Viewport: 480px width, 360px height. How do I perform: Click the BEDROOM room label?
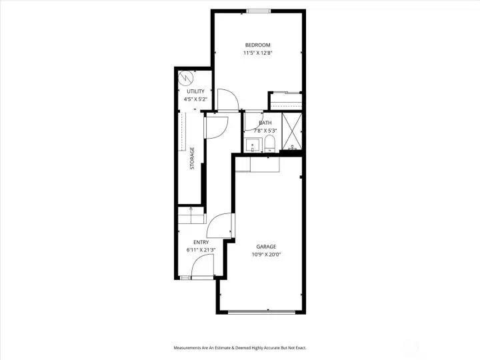[257, 45]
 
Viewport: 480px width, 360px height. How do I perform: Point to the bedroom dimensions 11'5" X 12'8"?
[257, 53]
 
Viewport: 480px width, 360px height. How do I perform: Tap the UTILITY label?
[195, 91]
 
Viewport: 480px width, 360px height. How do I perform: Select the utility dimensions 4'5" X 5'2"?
[195, 99]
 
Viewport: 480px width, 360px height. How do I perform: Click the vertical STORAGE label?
[192, 158]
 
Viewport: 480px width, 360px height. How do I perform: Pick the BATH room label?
[265, 123]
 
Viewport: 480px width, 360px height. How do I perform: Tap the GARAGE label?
[266, 247]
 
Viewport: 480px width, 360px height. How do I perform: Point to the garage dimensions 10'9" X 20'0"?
[266, 255]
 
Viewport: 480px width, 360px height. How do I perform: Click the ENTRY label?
[201, 242]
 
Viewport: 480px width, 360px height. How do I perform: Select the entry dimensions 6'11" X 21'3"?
[201, 250]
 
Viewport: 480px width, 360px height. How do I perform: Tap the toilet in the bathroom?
[270, 143]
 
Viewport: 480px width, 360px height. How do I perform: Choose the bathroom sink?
[253, 145]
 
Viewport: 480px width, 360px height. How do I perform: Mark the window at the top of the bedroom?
[258, 11]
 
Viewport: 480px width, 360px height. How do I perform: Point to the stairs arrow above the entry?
[192, 215]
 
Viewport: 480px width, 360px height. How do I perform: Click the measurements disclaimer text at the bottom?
[240, 347]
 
